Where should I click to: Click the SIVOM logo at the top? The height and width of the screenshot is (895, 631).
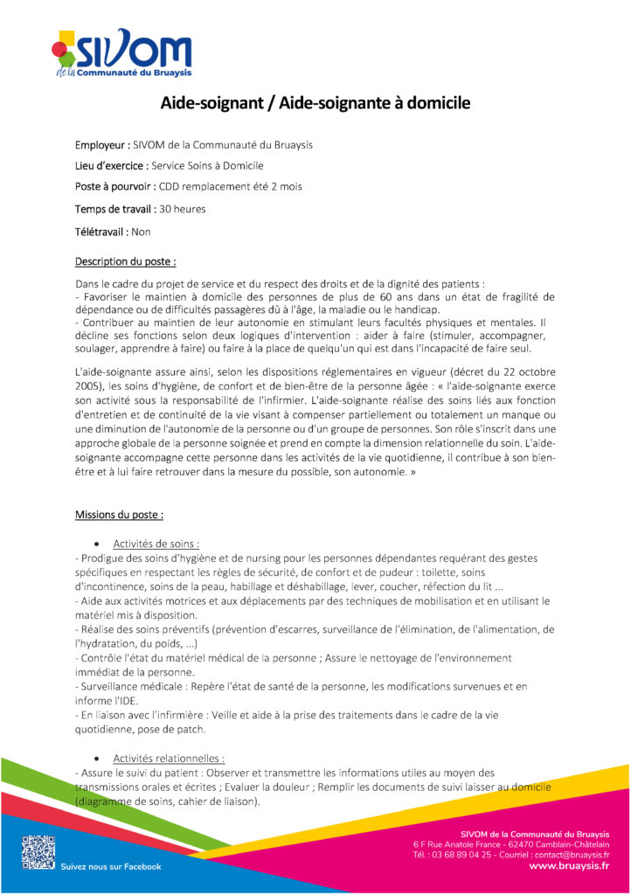[x=121, y=54]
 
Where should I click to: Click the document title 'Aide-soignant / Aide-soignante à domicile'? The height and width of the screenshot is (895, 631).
[x=315, y=104]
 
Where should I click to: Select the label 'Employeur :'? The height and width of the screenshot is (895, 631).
[x=102, y=145]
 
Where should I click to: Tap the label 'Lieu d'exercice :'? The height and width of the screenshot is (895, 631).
[x=111, y=165]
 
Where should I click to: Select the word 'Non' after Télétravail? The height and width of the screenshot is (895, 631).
[x=141, y=232]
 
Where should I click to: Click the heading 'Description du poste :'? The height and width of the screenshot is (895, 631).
[x=125, y=260]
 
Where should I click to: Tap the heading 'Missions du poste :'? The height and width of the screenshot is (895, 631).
[x=119, y=515]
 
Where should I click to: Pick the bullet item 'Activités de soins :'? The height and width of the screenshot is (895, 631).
[x=156, y=544]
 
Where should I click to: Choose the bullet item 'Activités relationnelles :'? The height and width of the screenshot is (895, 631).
[x=169, y=758]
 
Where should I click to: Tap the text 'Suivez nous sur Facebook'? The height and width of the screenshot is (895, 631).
[x=111, y=866]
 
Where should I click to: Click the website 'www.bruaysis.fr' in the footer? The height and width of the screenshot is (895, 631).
[x=569, y=866]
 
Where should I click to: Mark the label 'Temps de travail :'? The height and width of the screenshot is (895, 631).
[x=115, y=209]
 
